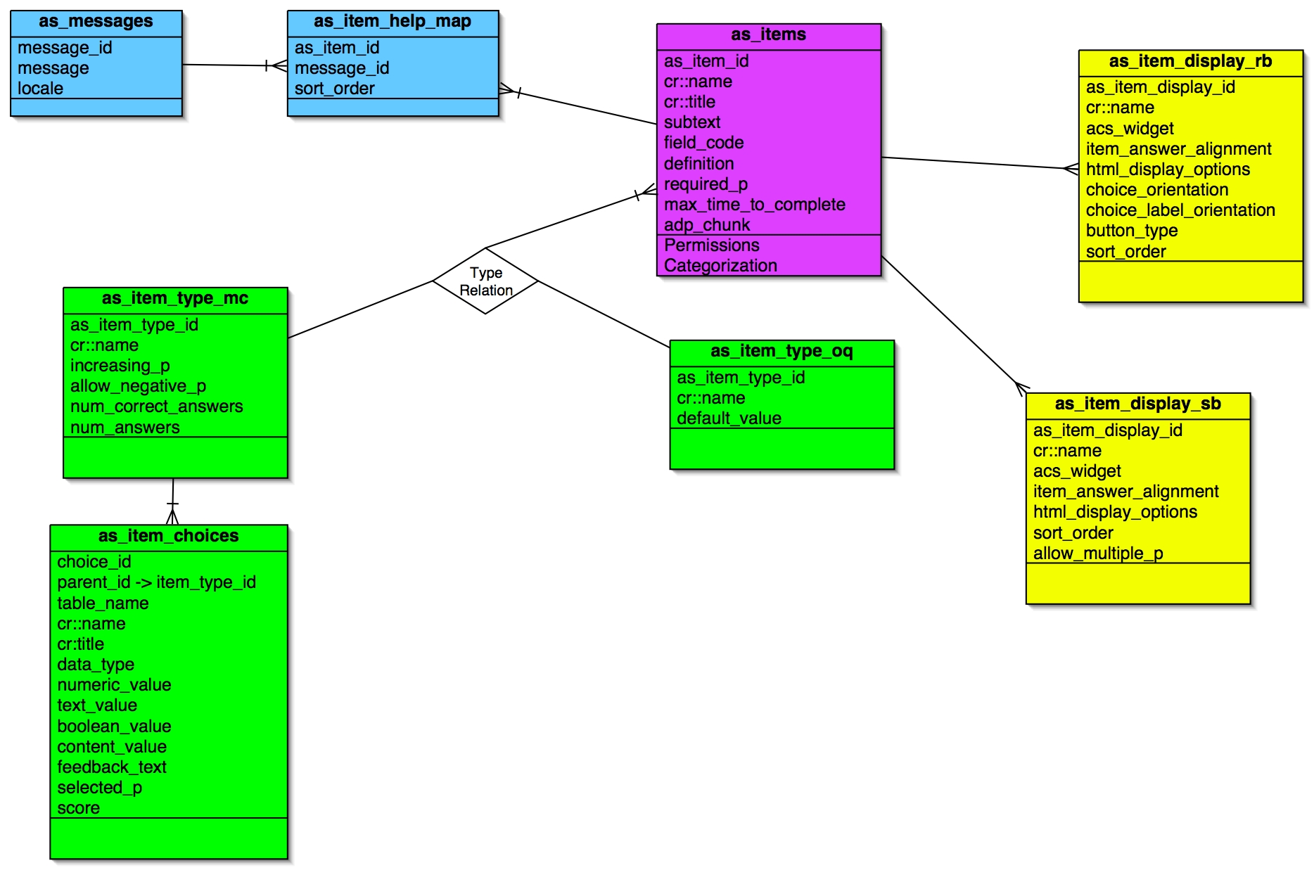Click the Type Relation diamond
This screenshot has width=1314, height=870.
coord(485,281)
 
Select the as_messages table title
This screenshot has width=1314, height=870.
coord(96,22)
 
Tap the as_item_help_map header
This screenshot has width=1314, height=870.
coord(393,22)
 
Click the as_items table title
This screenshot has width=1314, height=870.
coord(768,35)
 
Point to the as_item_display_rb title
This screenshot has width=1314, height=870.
coord(1190,62)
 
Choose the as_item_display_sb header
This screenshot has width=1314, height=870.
coord(1137,404)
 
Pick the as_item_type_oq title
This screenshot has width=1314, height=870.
coord(782,352)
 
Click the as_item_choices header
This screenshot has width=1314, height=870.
coord(168,537)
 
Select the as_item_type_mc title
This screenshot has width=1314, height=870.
coord(175,299)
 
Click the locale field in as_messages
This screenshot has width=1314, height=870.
coord(41,89)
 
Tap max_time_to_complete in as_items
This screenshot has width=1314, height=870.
coord(754,205)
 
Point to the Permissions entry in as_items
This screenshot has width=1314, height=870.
coord(711,245)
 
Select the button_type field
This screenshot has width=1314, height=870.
coord(1131,231)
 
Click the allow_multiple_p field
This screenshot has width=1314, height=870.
coord(1097,554)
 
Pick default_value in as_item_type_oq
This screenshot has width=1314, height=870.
coord(729,418)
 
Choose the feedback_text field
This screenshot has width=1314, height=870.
coord(112,767)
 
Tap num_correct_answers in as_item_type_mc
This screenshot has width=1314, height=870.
coord(156,407)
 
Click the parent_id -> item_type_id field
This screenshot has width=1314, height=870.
coord(156,582)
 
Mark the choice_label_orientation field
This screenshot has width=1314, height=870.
coord(1180,210)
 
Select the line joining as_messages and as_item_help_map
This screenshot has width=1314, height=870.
coord(225,65)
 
